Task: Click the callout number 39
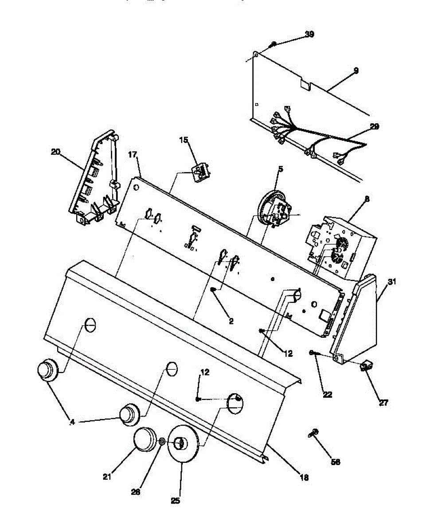[309, 34]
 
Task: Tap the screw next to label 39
[274, 43]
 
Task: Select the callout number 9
[356, 70]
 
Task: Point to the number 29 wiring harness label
[374, 126]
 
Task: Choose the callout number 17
[132, 155]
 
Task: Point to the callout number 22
[328, 394]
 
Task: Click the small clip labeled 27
[367, 366]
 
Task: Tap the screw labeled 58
[314, 433]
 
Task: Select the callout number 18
[304, 477]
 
